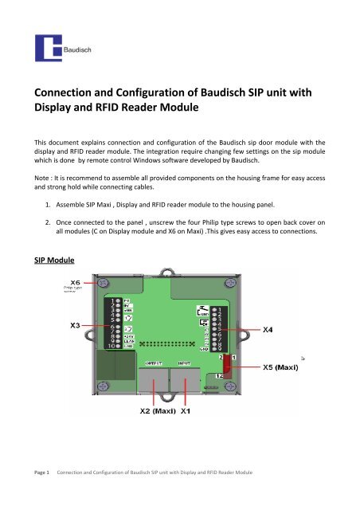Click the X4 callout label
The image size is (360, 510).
[x=272, y=328]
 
